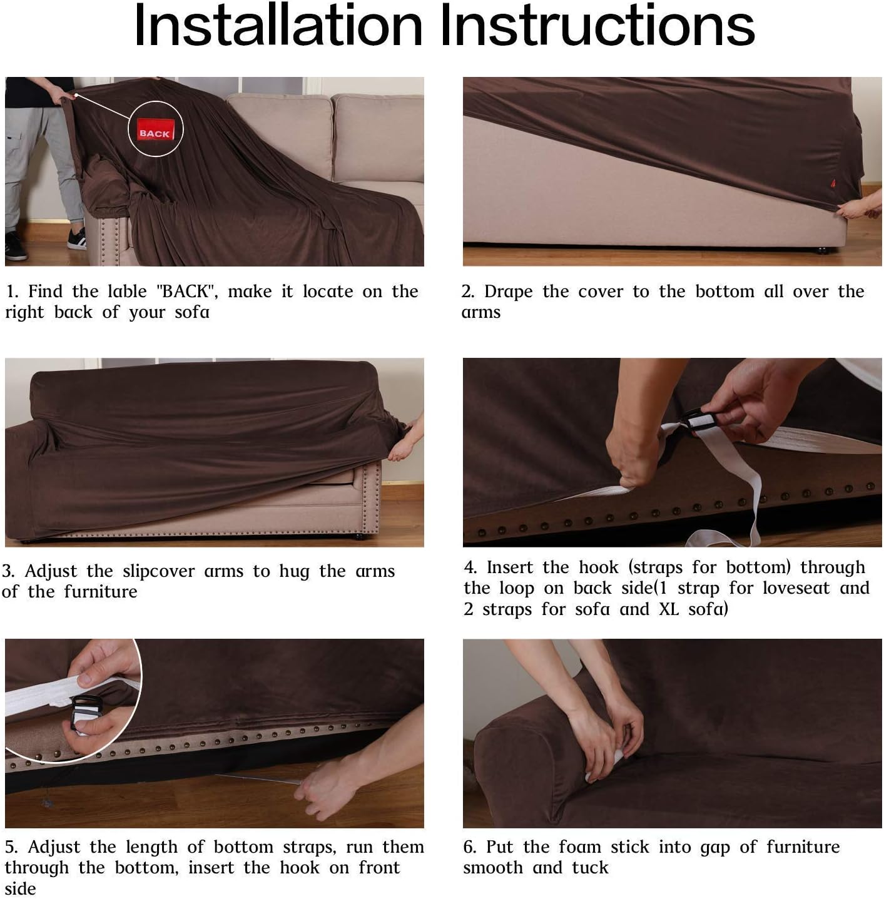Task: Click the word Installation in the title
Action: [x=278, y=26]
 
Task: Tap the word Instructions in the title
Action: [x=597, y=26]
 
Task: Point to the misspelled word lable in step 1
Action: [x=127, y=291]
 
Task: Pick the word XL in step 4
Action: [x=669, y=609]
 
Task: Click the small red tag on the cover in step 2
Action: [x=833, y=183]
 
